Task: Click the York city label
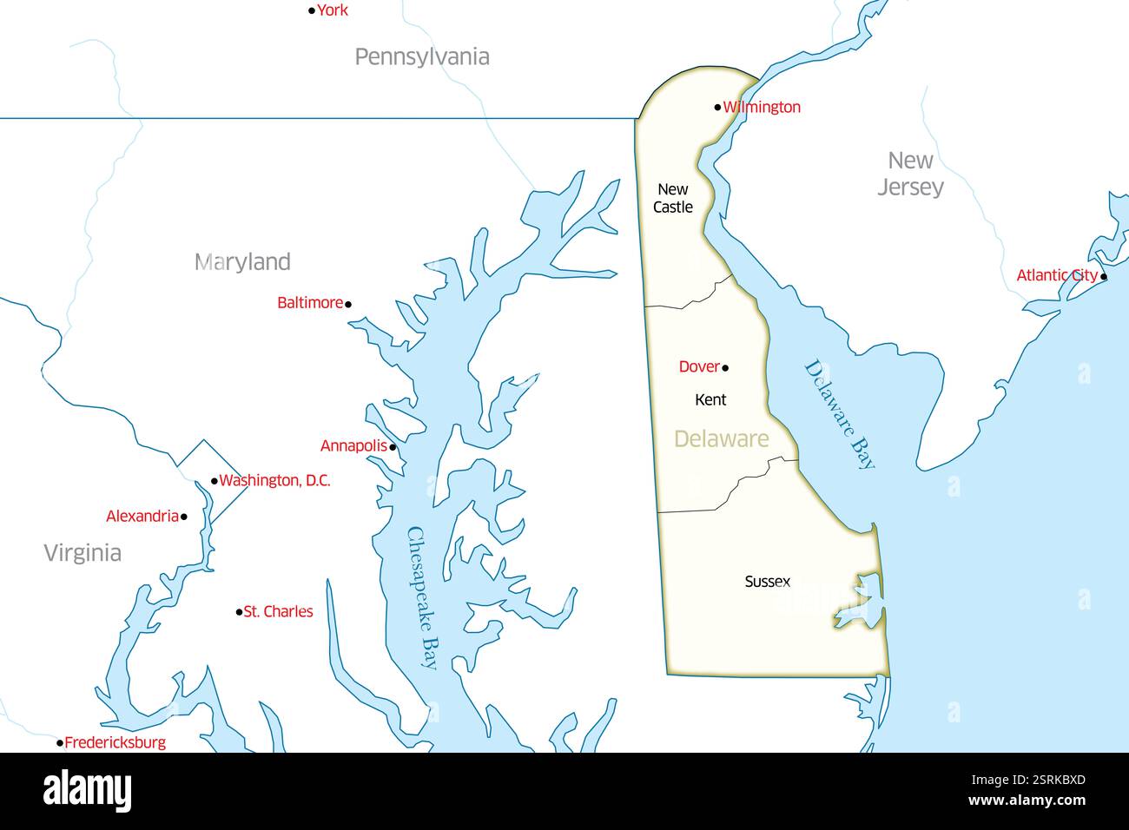tap(332, 10)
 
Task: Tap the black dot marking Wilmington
tap(717, 108)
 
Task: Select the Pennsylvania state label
tap(422, 57)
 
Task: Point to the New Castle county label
tap(673, 198)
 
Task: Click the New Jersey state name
tap(910, 174)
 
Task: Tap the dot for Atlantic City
tap(1104, 277)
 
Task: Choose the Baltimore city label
tap(310, 303)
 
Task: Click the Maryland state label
tap(242, 262)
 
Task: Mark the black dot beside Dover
tap(725, 368)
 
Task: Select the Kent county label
tap(710, 400)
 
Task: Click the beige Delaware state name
tap(721, 439)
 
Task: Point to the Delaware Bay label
tap(840, 414)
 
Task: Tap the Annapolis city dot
tap(393, 448)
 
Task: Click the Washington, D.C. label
tap(274, 481)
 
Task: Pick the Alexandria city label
tap(142, 517)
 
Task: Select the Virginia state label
tap(83, 553)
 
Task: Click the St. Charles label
tap(278, 612)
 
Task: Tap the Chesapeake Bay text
tap(422, 599)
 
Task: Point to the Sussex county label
tap(768, 582)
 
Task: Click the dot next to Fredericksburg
tap(60, 743)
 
